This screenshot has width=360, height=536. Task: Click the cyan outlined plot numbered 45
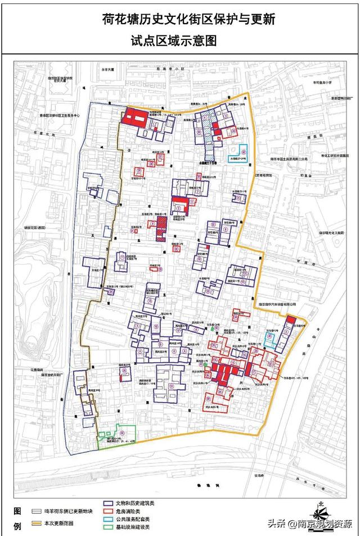(x=269, y=340)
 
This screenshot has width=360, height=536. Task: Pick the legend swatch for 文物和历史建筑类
(x=109, y=503)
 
